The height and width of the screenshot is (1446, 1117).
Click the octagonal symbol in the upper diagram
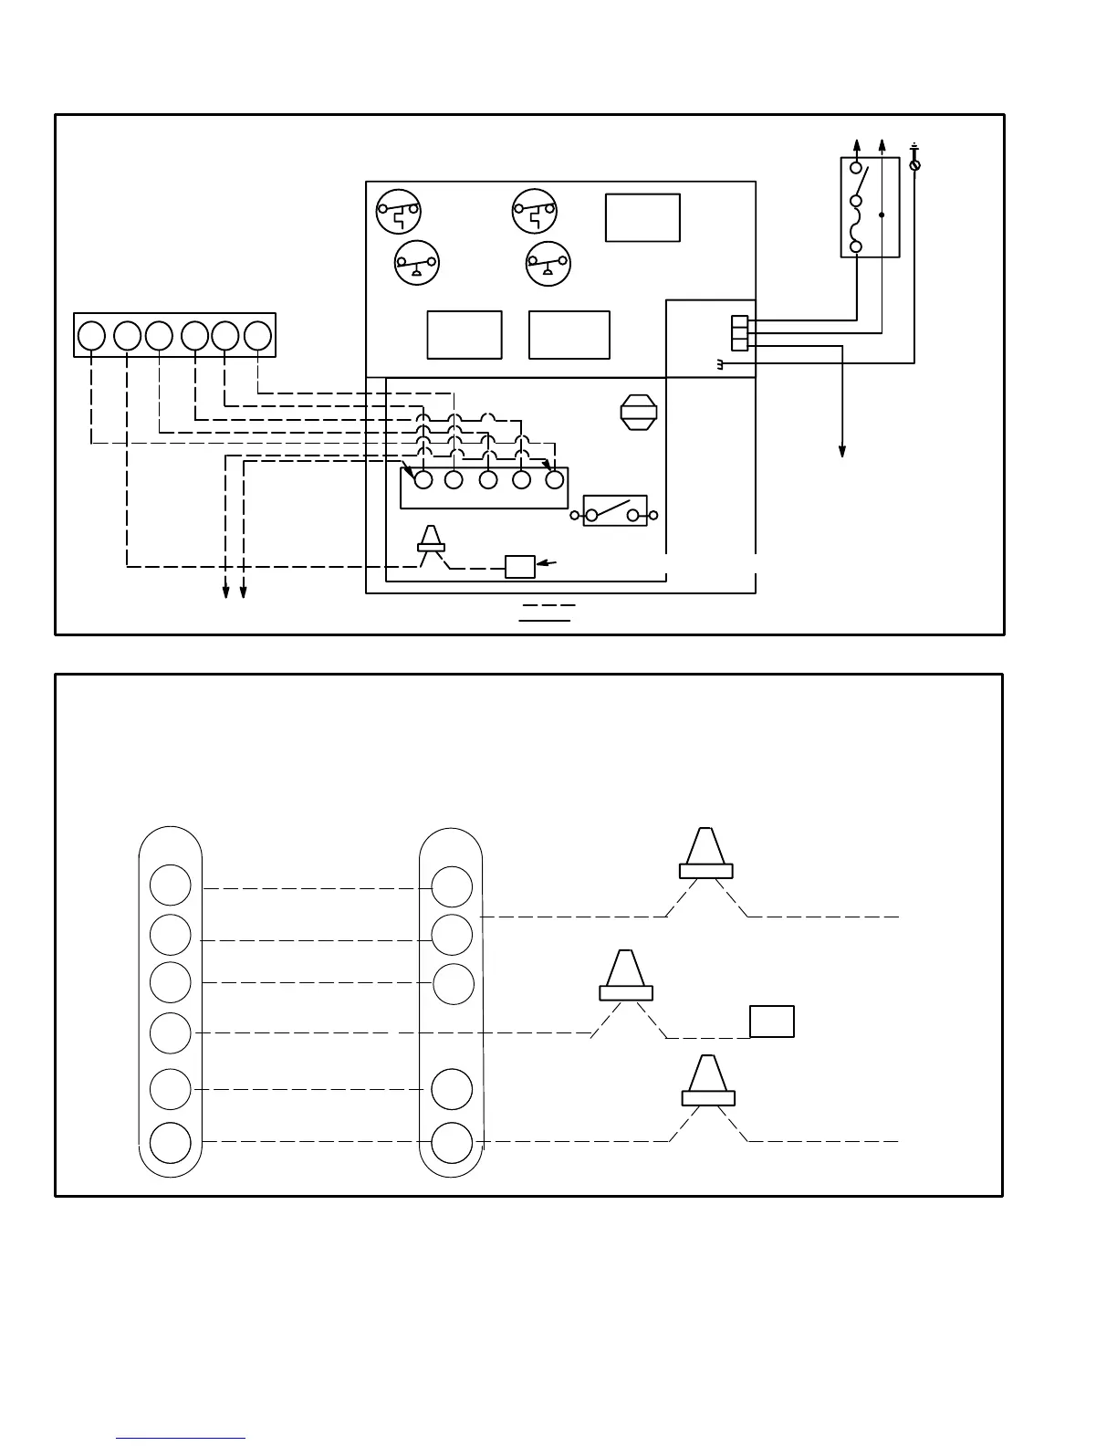coord(639,412)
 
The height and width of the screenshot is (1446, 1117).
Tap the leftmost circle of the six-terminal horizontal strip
coord(91,336)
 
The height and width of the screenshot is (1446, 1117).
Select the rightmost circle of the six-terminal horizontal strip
coord(258,336)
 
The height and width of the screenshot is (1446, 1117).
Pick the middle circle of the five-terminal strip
coord(488,480)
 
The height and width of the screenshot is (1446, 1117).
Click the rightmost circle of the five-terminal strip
coord(554,480)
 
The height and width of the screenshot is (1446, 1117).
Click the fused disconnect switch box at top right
coord(870,207)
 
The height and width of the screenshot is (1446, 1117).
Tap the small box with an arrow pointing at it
coord(520,567)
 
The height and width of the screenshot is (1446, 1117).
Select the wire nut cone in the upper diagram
coord(431,540)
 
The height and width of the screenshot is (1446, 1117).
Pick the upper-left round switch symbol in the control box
coord(398,212)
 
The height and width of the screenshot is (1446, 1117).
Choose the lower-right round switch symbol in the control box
coord(548,263)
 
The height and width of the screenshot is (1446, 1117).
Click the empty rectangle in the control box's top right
coord(642,217)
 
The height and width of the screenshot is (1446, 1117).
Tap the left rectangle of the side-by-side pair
coord(465,335)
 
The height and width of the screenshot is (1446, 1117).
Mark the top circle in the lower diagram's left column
coord(171,885)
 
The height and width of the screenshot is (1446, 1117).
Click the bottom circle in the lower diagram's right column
coord(452,1142)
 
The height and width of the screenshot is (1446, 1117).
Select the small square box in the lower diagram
coord(772,1021)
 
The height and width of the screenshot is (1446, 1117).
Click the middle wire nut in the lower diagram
coord(625,976)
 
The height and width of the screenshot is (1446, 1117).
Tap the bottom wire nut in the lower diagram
coord(708,1081)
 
